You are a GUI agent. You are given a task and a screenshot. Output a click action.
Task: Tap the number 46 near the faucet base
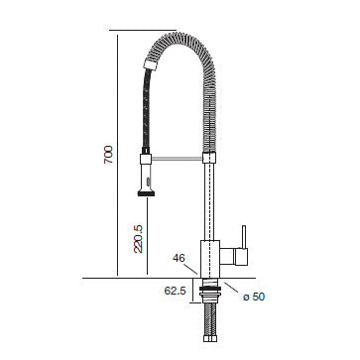[x=180, y=259]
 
